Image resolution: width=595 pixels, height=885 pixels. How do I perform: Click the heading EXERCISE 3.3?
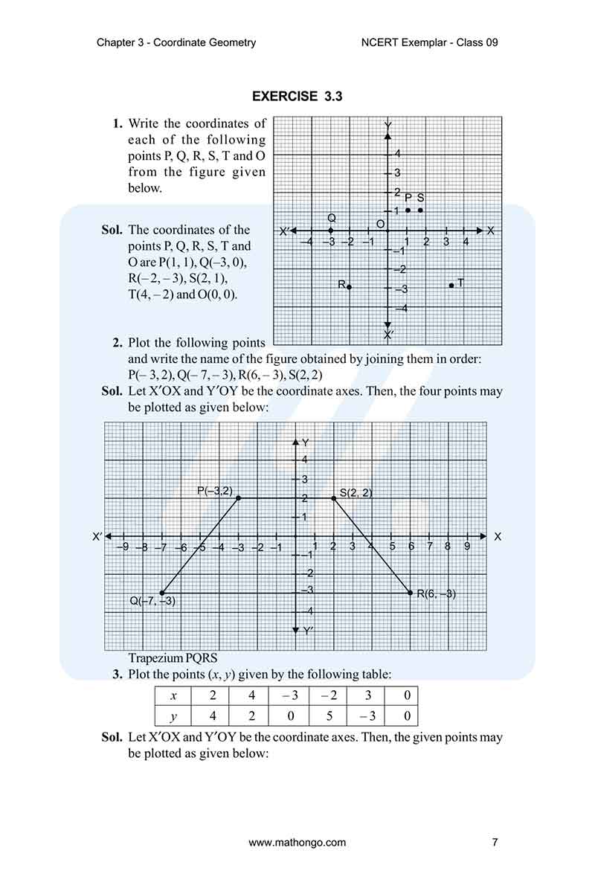tap(297, 96)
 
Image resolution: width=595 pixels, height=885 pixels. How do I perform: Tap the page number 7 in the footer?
tap(495, 843)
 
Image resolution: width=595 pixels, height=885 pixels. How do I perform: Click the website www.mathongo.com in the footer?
tap(297, 843)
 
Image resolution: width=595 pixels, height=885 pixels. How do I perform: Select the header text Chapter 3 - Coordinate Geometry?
tap(176, 42)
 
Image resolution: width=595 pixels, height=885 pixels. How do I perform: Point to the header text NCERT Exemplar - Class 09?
tap(428, 42)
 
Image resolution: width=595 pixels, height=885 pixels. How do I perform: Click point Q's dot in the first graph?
tap(331, 231)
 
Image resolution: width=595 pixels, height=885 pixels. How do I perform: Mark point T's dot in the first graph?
tap(451, 285)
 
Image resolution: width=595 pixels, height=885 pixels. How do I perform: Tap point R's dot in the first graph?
tap(349, 287)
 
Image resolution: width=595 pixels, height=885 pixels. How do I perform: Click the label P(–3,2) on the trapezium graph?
tap(215, 490)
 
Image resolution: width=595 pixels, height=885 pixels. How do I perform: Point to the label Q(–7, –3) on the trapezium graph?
tap(152, 601)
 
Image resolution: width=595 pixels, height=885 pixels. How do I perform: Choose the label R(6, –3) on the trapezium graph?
tap(436, 593)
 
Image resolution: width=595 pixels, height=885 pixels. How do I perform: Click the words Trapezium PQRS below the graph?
tap(173, 658)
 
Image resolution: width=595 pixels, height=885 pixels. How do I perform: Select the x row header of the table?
tap(173, 695)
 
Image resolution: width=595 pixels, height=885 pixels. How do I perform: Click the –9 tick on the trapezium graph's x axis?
tap(124, 547)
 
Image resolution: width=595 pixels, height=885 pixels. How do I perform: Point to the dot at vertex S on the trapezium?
tap(333, 498)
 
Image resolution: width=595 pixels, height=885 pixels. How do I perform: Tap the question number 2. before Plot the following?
tap(118, 343)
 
